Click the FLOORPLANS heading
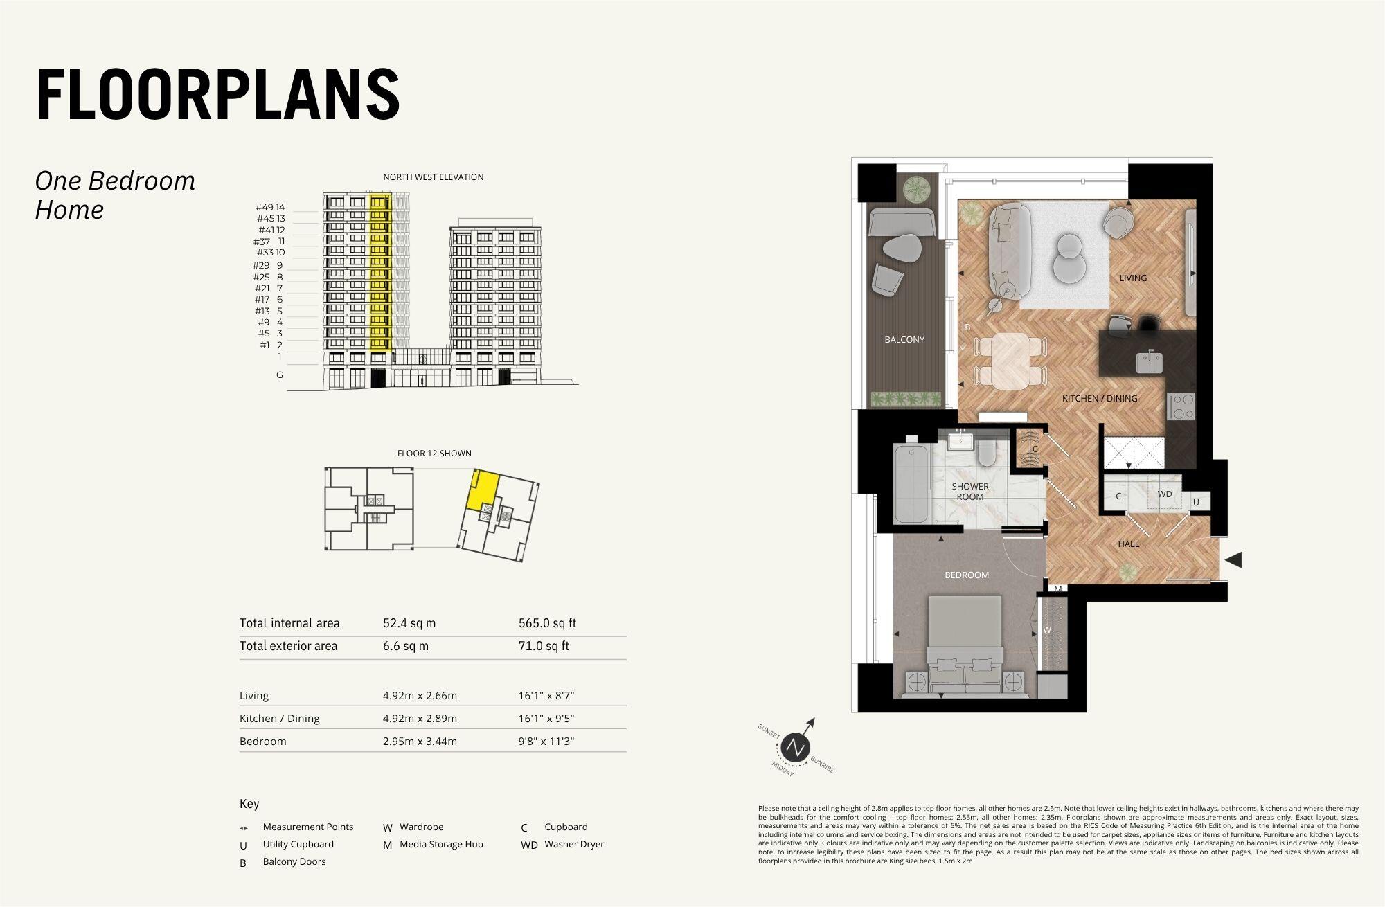point(218,95)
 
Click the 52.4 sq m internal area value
point(409,623)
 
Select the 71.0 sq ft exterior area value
point(544,646)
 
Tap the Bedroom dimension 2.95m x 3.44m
point(420,742)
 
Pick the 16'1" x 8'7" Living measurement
point(546,696)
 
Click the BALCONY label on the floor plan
point(904,340)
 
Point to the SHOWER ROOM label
point(969,492)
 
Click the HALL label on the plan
point(1128,544)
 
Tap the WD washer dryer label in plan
point(1165,494)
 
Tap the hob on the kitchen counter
point(1181,406)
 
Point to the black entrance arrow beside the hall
point(1233,559)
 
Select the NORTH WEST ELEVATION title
point(434,177)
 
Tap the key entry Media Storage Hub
point(441,845)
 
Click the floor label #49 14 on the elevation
point(270,208)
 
